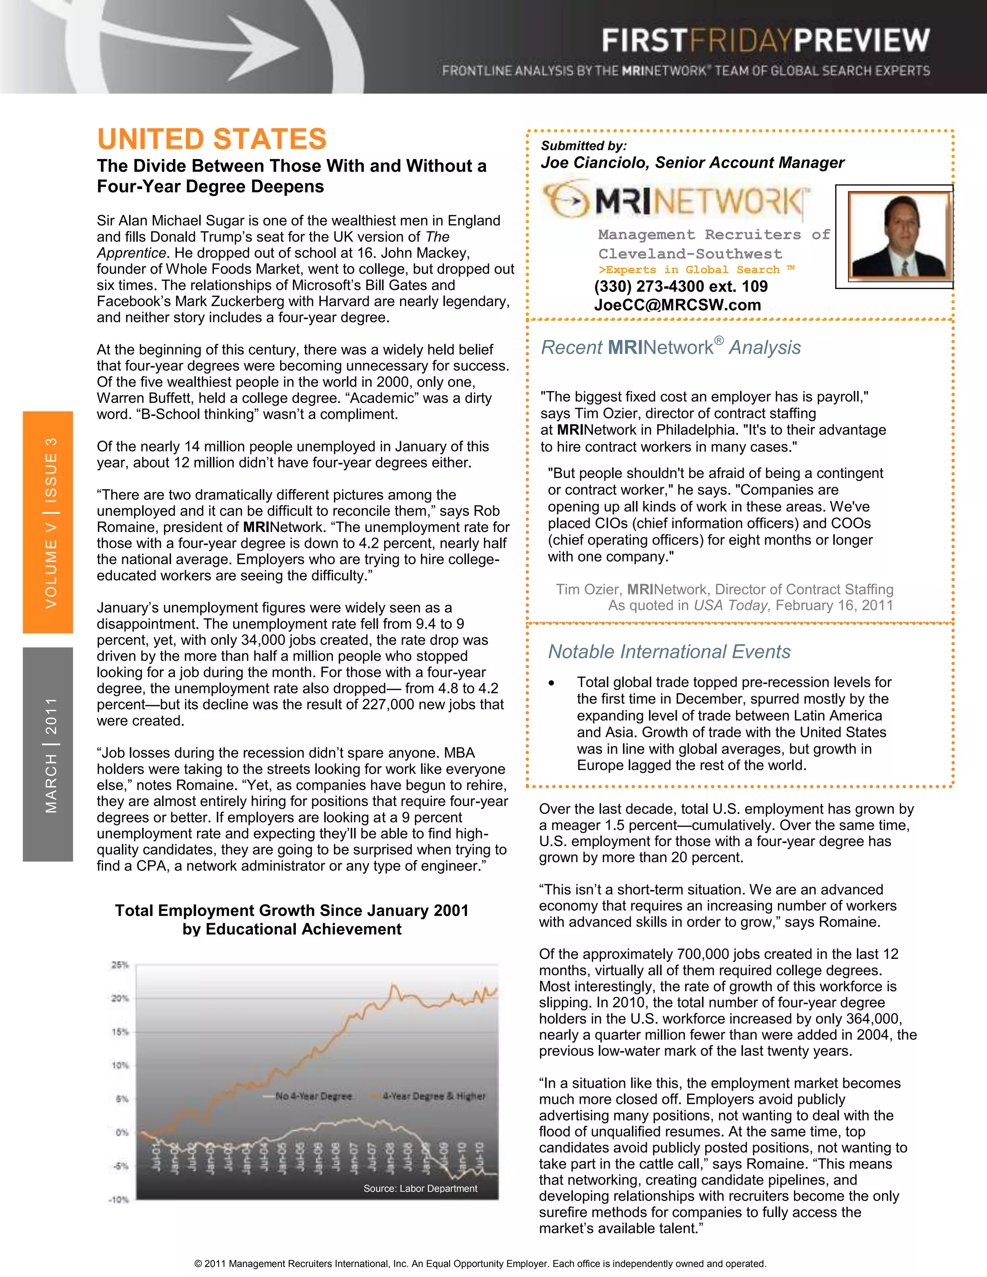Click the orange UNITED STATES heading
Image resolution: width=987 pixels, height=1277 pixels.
[x=212, y=140]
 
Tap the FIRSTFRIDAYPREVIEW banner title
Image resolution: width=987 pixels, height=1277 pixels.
[x=765, y=41]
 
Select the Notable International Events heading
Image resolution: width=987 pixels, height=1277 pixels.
[x=669, y=652]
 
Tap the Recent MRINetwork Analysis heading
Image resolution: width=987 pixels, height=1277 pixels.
[x=671, y=347]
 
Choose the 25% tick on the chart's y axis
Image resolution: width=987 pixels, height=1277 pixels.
[x=120, y=965]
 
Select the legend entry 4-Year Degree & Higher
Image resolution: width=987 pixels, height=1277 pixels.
[x=433, y=1096]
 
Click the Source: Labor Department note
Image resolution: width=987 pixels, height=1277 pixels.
[x=420, y=1189]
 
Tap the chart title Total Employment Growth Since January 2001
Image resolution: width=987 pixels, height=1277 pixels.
[x=291, y=910]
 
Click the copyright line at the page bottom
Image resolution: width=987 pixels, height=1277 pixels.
[x=480, y=1264]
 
